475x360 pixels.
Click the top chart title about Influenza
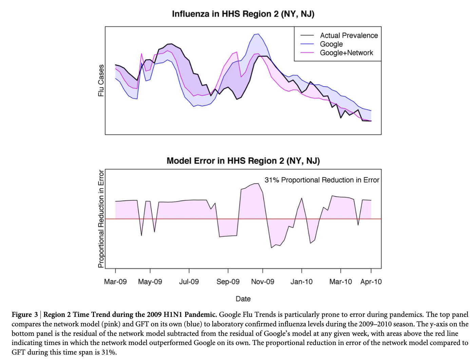pos(243,14)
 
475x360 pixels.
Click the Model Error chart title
pos(243,161)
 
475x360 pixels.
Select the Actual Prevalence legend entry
pos(348,35)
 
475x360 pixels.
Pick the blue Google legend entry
pos(331,44)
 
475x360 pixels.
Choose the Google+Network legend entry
pos(346,53)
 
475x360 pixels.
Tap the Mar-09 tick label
pos(115,282)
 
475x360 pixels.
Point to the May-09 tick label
pos(150,282)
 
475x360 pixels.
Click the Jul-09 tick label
pos(189,282)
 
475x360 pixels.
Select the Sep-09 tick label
pos(228,282)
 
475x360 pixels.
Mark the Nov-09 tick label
pos(263,282)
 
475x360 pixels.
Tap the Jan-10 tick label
pos(302,282)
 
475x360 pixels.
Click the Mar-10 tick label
pos(341,282)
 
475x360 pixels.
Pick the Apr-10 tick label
pos(371,282)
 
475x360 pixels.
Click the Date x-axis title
pos(243,299)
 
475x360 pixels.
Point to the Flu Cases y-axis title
pos(101,80)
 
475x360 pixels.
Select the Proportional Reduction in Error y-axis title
pos(101,219)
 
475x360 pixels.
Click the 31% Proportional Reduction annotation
pos(322,180)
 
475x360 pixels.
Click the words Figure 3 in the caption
pos(25,314)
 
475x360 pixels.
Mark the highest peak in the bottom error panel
pos(258,184)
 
